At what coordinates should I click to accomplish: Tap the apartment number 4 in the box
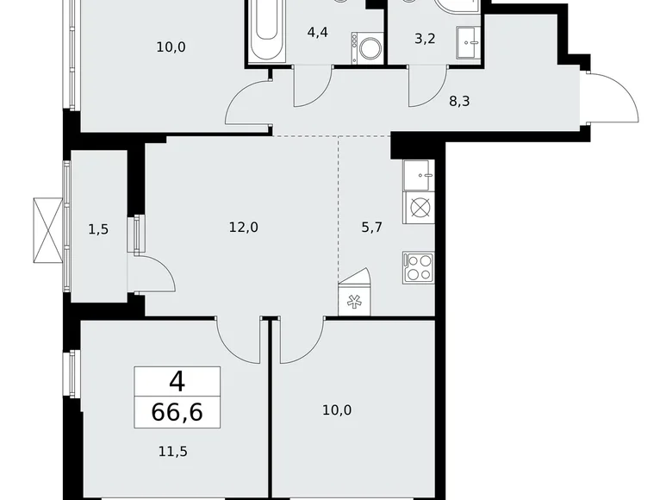(x=177, y=380)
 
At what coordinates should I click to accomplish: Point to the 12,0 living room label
(x=244, y=228)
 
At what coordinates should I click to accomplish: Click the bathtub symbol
(x=266, y=30)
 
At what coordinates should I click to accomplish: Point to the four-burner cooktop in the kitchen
(x=418, y=267)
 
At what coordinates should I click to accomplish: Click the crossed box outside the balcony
(x=47, y=229)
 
